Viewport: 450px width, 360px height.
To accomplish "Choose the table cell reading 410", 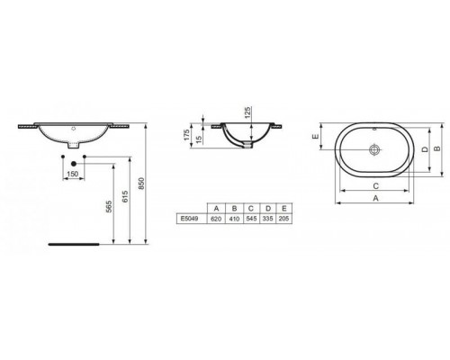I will (232, 218).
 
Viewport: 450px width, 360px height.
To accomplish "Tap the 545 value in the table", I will (250, 218).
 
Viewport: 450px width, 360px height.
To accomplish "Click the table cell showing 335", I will (268, 218).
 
